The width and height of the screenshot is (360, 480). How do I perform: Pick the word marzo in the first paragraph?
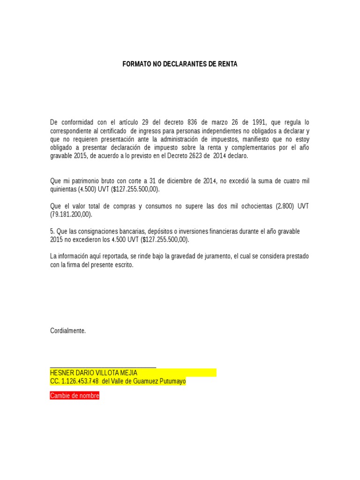[x=215, y=122]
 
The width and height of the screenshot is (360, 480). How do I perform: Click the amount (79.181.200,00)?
[x=71, y=215]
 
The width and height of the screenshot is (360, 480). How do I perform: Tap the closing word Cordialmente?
[x=68, y=330]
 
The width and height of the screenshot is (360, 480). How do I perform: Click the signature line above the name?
[x=103, y=368]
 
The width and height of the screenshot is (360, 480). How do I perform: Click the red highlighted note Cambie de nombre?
[x=75, y=396]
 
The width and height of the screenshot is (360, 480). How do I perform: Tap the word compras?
[x=123, y=206]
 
